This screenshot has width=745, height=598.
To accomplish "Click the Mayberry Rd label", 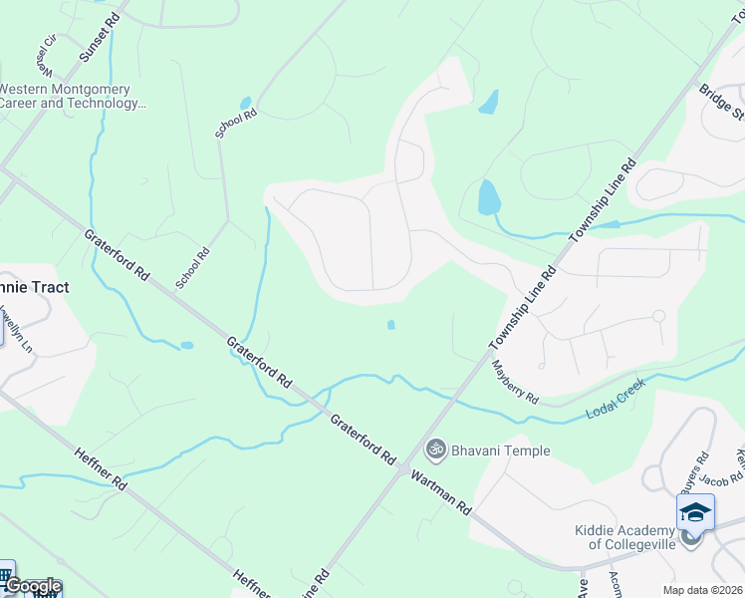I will [x=515, y=382].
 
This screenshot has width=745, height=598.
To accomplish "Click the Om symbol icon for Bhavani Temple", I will [x=434, y=450].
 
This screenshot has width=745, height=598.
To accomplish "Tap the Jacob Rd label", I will [x=722, y=479].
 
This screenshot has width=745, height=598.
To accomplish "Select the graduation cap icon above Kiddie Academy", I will [x=695, y=512].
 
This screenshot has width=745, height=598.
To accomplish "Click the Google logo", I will [x=33, y=586].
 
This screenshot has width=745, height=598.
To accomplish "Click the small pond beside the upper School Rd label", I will [x=245, y=103].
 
